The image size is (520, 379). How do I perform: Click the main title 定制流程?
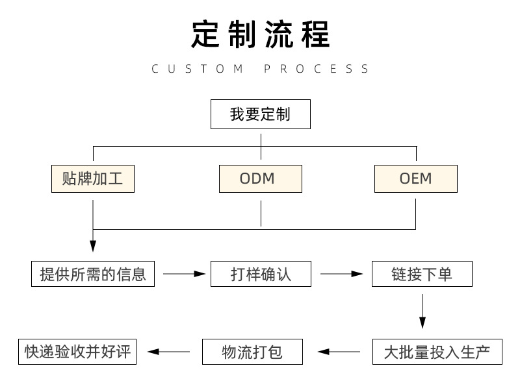[x=260, y=34]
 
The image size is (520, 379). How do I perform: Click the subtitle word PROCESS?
[x=317, y=69]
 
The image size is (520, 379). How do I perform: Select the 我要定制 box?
[x=260, y=115]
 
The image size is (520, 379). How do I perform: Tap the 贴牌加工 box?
[x=93, y=178]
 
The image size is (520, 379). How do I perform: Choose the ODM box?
[x=260, y=178]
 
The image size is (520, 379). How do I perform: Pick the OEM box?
[x=415, y=178]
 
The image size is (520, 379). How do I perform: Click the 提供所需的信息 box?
[x=93, y=274]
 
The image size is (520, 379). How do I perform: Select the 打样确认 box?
[x=261, y=274]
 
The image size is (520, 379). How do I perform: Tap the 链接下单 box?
[x=422, y=274]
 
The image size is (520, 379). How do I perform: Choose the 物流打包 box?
[x=252, y=352]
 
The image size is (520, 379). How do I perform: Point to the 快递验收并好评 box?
[x=78, y=352]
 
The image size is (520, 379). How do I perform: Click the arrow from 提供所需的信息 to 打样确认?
[x=184, y=274]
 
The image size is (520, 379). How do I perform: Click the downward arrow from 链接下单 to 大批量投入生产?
[x=422, y=312]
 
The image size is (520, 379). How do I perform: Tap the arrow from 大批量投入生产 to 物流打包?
[x=339, y=352]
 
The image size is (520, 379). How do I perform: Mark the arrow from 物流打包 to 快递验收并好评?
[x=169, y=352]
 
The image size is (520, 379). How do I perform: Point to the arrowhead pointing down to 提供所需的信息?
[x=93, y=245]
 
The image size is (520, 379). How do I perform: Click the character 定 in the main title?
[x=206, y=34]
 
